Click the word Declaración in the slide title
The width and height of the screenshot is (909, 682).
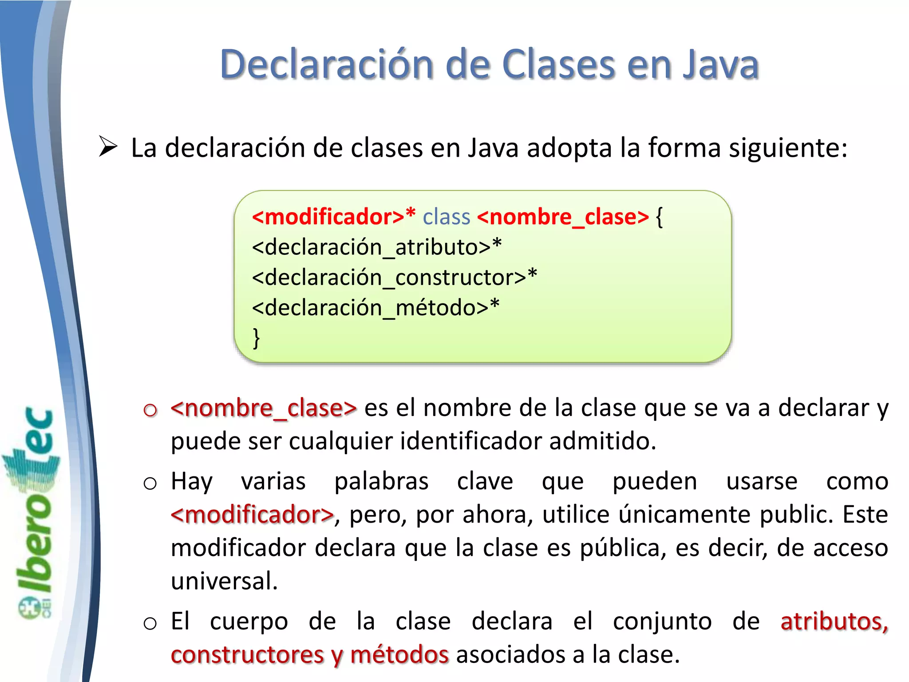(x=326, y=64)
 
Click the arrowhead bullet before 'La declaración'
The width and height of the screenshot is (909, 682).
(x=108, y=147)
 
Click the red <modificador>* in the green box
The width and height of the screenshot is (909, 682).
(x=333, y=217)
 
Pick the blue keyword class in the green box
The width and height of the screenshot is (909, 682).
(x=446, y=217)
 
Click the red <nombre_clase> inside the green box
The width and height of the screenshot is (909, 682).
(x=563, y=217)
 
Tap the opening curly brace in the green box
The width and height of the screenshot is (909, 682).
(x=659, y=218)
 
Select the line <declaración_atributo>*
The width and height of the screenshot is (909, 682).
(x=376, y=247)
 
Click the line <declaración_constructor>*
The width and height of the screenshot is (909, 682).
(x=394, y=278)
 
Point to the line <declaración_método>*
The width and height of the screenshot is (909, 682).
(x=375, y=308)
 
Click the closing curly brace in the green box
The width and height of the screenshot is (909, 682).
(x=256, y=338)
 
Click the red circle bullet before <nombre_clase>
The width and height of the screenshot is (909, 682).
(x=150, y=410)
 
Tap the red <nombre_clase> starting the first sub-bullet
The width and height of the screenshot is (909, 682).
(x=264, y=408)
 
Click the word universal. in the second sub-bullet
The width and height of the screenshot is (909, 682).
(x=224, y=581)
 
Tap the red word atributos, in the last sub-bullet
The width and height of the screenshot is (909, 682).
(x=834, y=621)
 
